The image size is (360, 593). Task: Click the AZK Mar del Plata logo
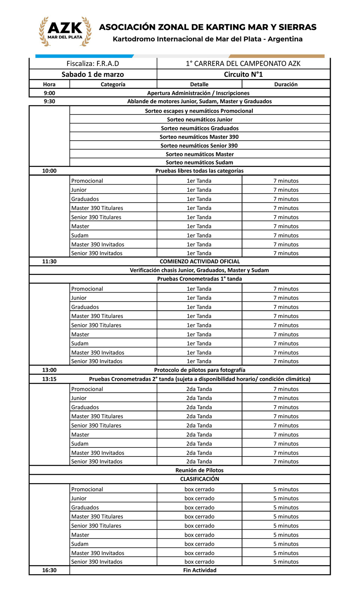(65, 32)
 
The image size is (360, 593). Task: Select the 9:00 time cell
(49, 93)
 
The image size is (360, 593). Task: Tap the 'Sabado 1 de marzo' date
(93, 74)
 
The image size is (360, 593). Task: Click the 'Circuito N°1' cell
(243, 74)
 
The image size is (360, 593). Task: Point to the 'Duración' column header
(286, 84)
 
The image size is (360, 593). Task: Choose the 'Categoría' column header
(113, 84)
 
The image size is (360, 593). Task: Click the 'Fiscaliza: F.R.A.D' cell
(93, 63)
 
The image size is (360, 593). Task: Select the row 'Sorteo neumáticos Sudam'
(199, 162)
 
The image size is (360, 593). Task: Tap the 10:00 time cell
(49, 171)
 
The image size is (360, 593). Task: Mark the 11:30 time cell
(49, 261)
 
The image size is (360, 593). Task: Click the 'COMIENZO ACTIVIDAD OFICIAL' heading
(199, 261)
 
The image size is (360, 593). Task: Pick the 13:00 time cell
(49, 370)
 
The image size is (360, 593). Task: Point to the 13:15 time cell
(49, 379)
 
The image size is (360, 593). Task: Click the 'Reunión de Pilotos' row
(199, 470)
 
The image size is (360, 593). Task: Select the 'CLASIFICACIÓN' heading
(199, 479)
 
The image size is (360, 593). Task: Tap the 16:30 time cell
(49, 570)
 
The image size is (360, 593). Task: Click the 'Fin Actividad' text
(199, 570)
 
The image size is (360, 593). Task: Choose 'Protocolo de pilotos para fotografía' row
(199, 370)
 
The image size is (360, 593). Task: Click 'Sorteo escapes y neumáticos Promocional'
(199, 111)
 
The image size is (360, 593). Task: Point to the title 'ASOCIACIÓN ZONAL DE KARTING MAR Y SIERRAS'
(207, 27)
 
